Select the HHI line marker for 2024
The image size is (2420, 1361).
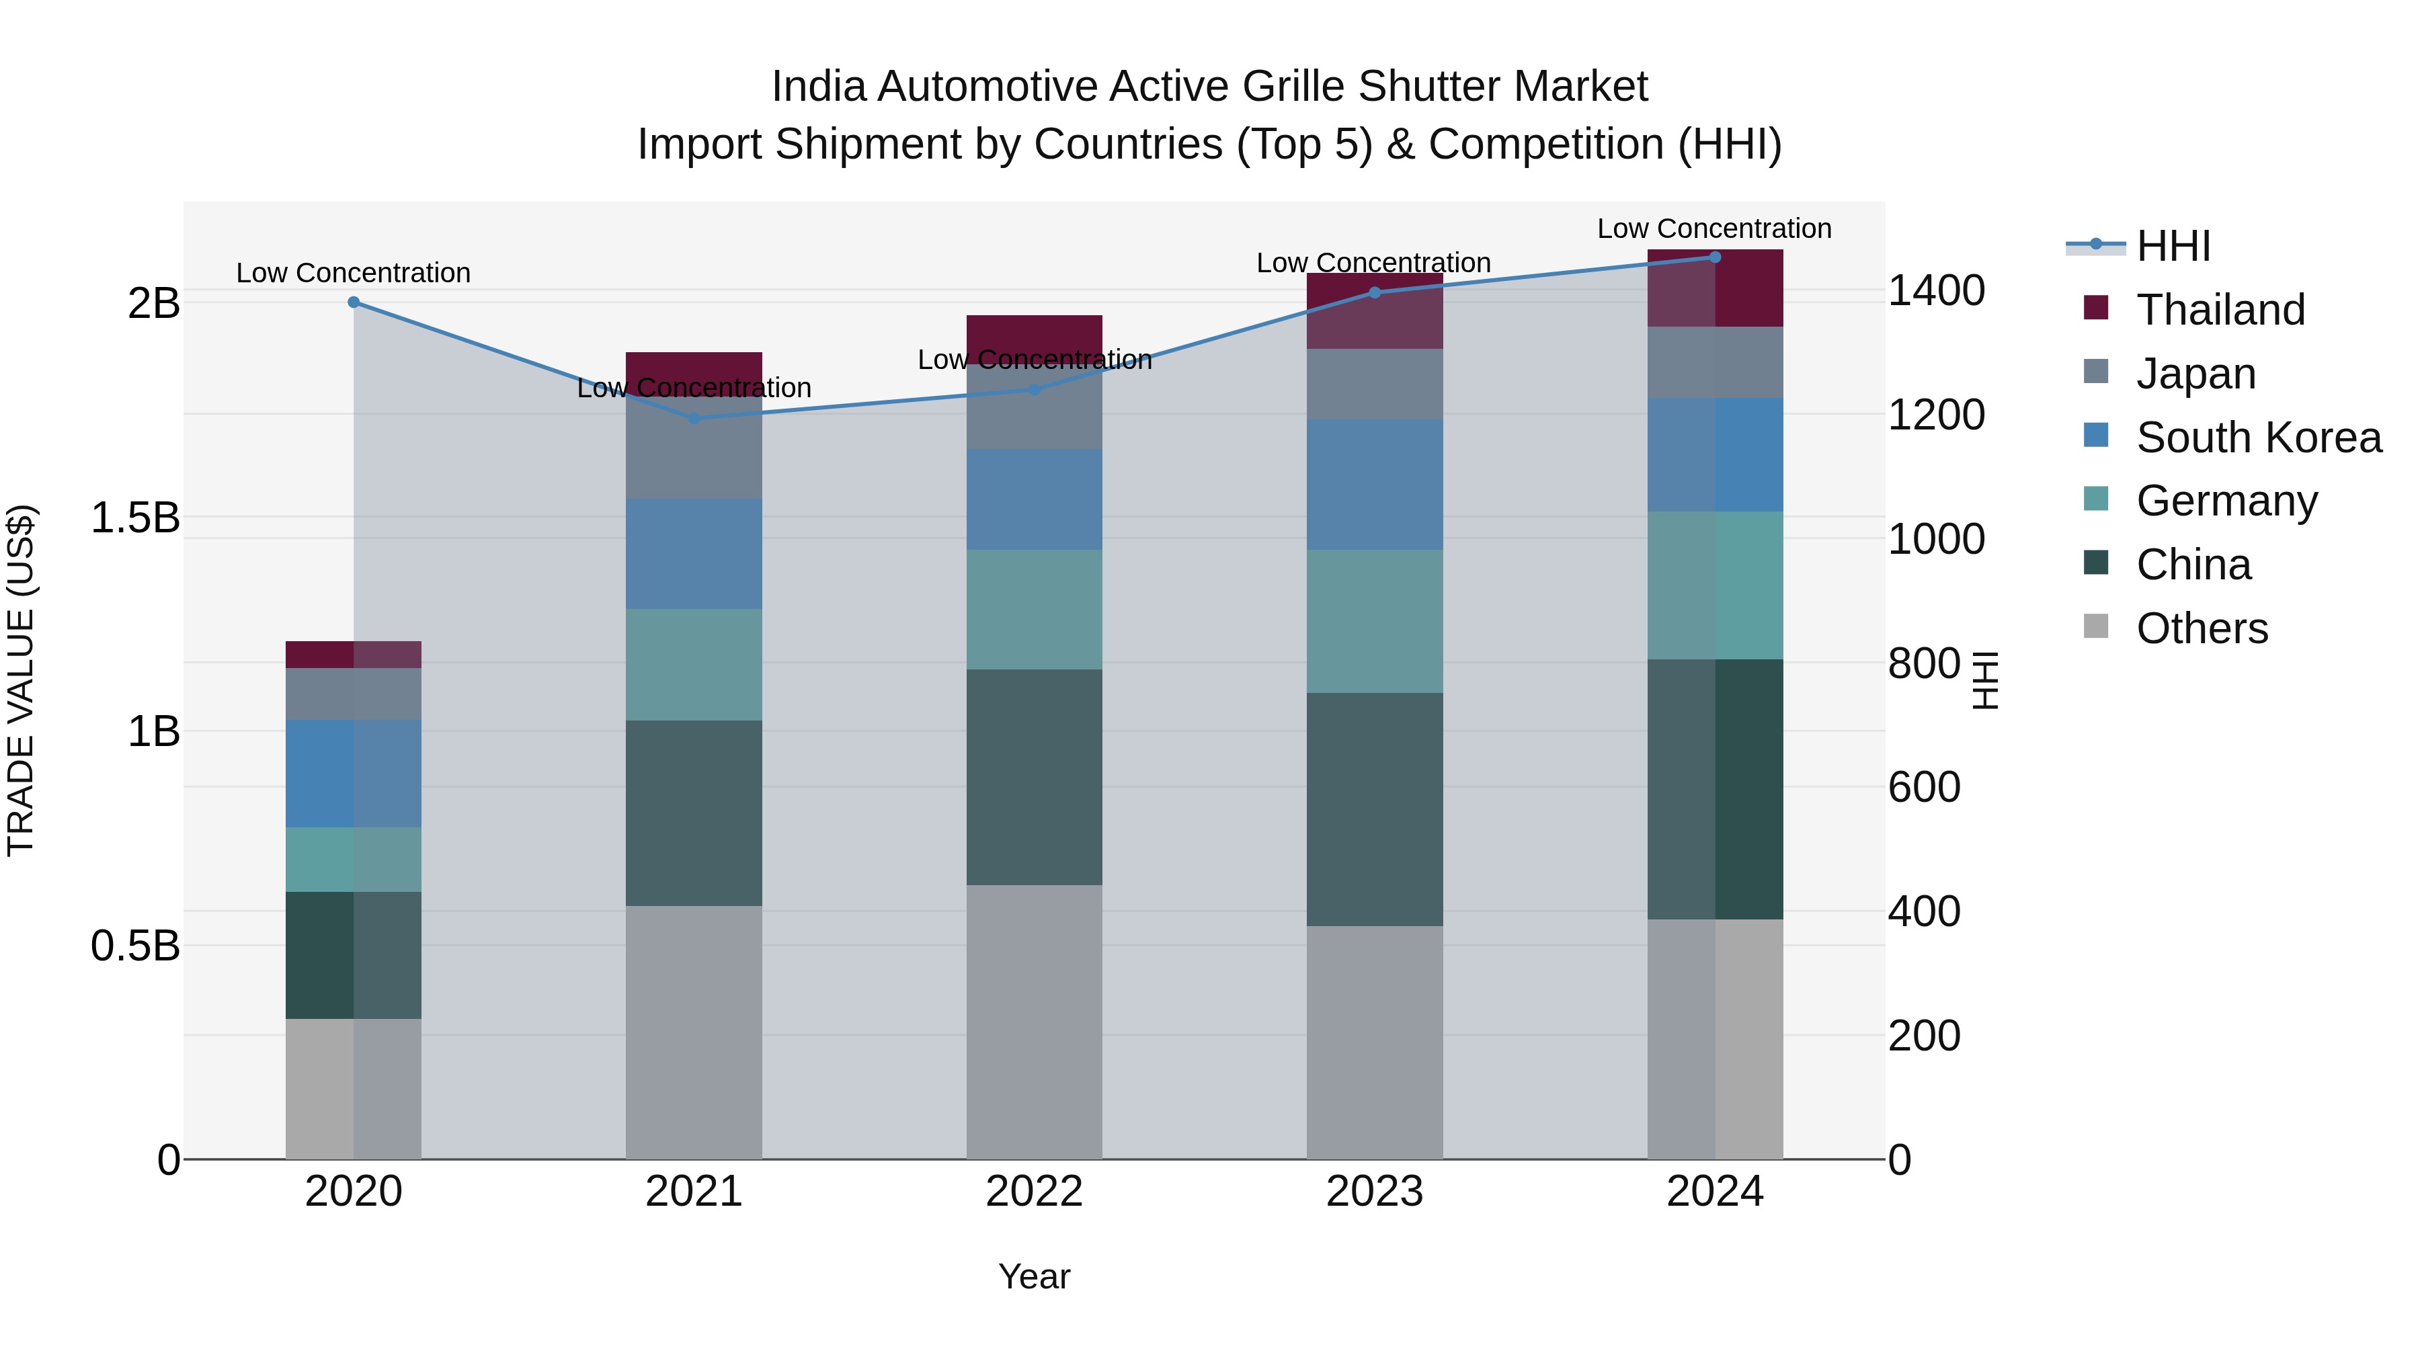click(x=1714, y=257)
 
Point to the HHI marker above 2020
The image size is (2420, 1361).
click(x=353, y=302)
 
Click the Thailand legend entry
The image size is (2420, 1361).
click(x=2220, y=309)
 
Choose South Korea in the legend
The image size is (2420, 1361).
click(x=2259, y=437)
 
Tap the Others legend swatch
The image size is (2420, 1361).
click(x=2096, y=626)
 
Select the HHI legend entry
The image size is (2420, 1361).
click(x=2173, y=246)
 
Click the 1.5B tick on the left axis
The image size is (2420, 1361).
click(x=134, y=518)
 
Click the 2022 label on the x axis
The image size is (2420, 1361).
click(x=1035, y=1192)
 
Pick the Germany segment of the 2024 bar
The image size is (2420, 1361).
click(x=1714, y=585)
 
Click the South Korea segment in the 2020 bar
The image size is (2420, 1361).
click(x=353, y=773)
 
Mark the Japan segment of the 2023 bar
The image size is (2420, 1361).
click(x=1375, y=384)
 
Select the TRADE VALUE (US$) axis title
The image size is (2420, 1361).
click(x=21, y=680)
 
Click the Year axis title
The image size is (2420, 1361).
click(x=1035, y=1276)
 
